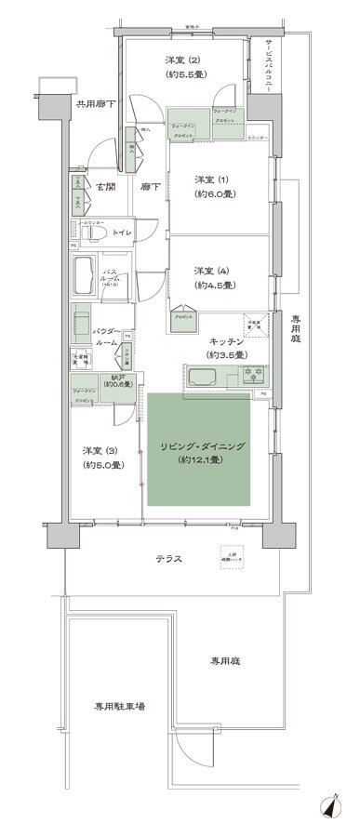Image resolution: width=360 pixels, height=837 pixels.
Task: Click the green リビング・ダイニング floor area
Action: click(198, 454)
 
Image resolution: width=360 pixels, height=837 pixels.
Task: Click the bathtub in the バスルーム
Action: click(84, 275)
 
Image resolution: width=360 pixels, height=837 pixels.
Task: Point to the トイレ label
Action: click(123, 233)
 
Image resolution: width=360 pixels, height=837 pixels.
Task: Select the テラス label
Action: click(167, 559)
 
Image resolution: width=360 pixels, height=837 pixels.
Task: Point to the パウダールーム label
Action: click(107, 336)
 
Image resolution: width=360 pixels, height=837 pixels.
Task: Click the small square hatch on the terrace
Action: click(226, 552)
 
